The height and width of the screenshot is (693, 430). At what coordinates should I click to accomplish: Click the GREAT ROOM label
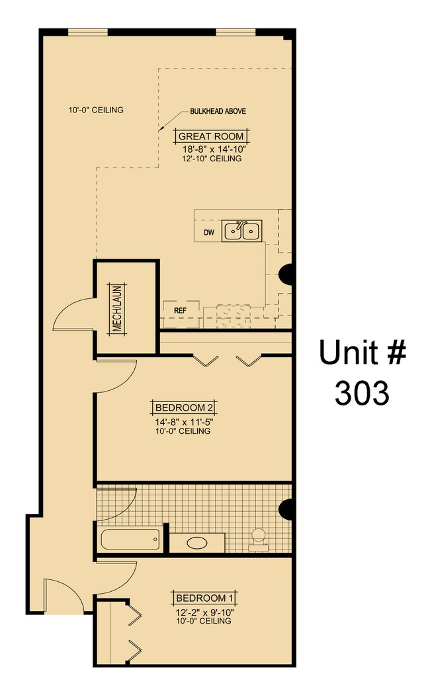[212, 137]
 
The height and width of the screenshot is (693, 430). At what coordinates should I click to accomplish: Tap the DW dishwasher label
[209, 233]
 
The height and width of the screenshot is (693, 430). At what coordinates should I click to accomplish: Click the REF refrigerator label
[179, 309]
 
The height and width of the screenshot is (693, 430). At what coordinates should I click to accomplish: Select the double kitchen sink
[241, 231]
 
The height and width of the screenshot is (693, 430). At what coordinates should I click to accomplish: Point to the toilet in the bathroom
[257, 539]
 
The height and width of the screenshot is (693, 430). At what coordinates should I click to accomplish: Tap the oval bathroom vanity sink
[197, 544]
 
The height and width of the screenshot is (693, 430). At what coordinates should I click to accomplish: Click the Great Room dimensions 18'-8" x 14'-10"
[212, 149]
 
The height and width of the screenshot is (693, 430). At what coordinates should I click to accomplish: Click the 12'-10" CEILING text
[212, 159]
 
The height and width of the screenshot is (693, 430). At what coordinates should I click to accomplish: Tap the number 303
[361, 393]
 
